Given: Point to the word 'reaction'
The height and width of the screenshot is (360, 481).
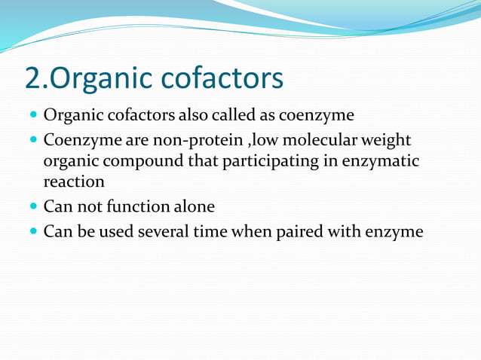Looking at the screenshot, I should click(x=74, y=182).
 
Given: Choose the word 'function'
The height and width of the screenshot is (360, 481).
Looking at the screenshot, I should click(x=136, y=206).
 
